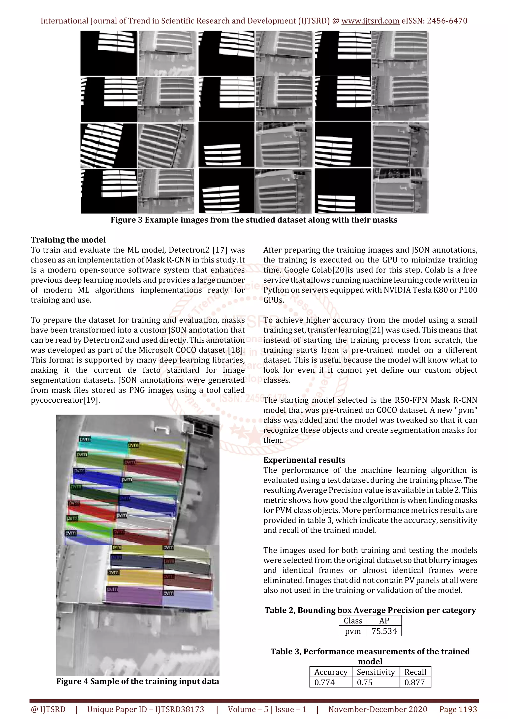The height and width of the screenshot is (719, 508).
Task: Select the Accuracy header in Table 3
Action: click(331, 672)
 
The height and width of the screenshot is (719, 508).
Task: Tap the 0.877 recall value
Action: click(414, 682)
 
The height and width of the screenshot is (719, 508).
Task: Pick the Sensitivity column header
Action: click(376, 672)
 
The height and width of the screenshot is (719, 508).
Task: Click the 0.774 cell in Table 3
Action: click(325, 682)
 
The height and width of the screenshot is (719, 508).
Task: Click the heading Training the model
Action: click(68, 240)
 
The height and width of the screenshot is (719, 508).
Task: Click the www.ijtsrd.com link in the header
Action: click(370, 21)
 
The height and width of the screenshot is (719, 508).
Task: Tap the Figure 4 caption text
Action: click(137, 682)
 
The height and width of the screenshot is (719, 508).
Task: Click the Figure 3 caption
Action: click(254, 220)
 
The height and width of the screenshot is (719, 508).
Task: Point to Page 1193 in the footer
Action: click(458, 709)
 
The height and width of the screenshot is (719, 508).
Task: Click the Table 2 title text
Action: click(370, 610)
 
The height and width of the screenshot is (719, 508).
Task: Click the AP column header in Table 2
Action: click(384, 621)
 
